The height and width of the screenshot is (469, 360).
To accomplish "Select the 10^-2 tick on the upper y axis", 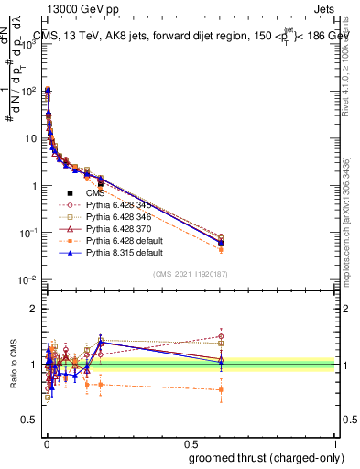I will [29, 279].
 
